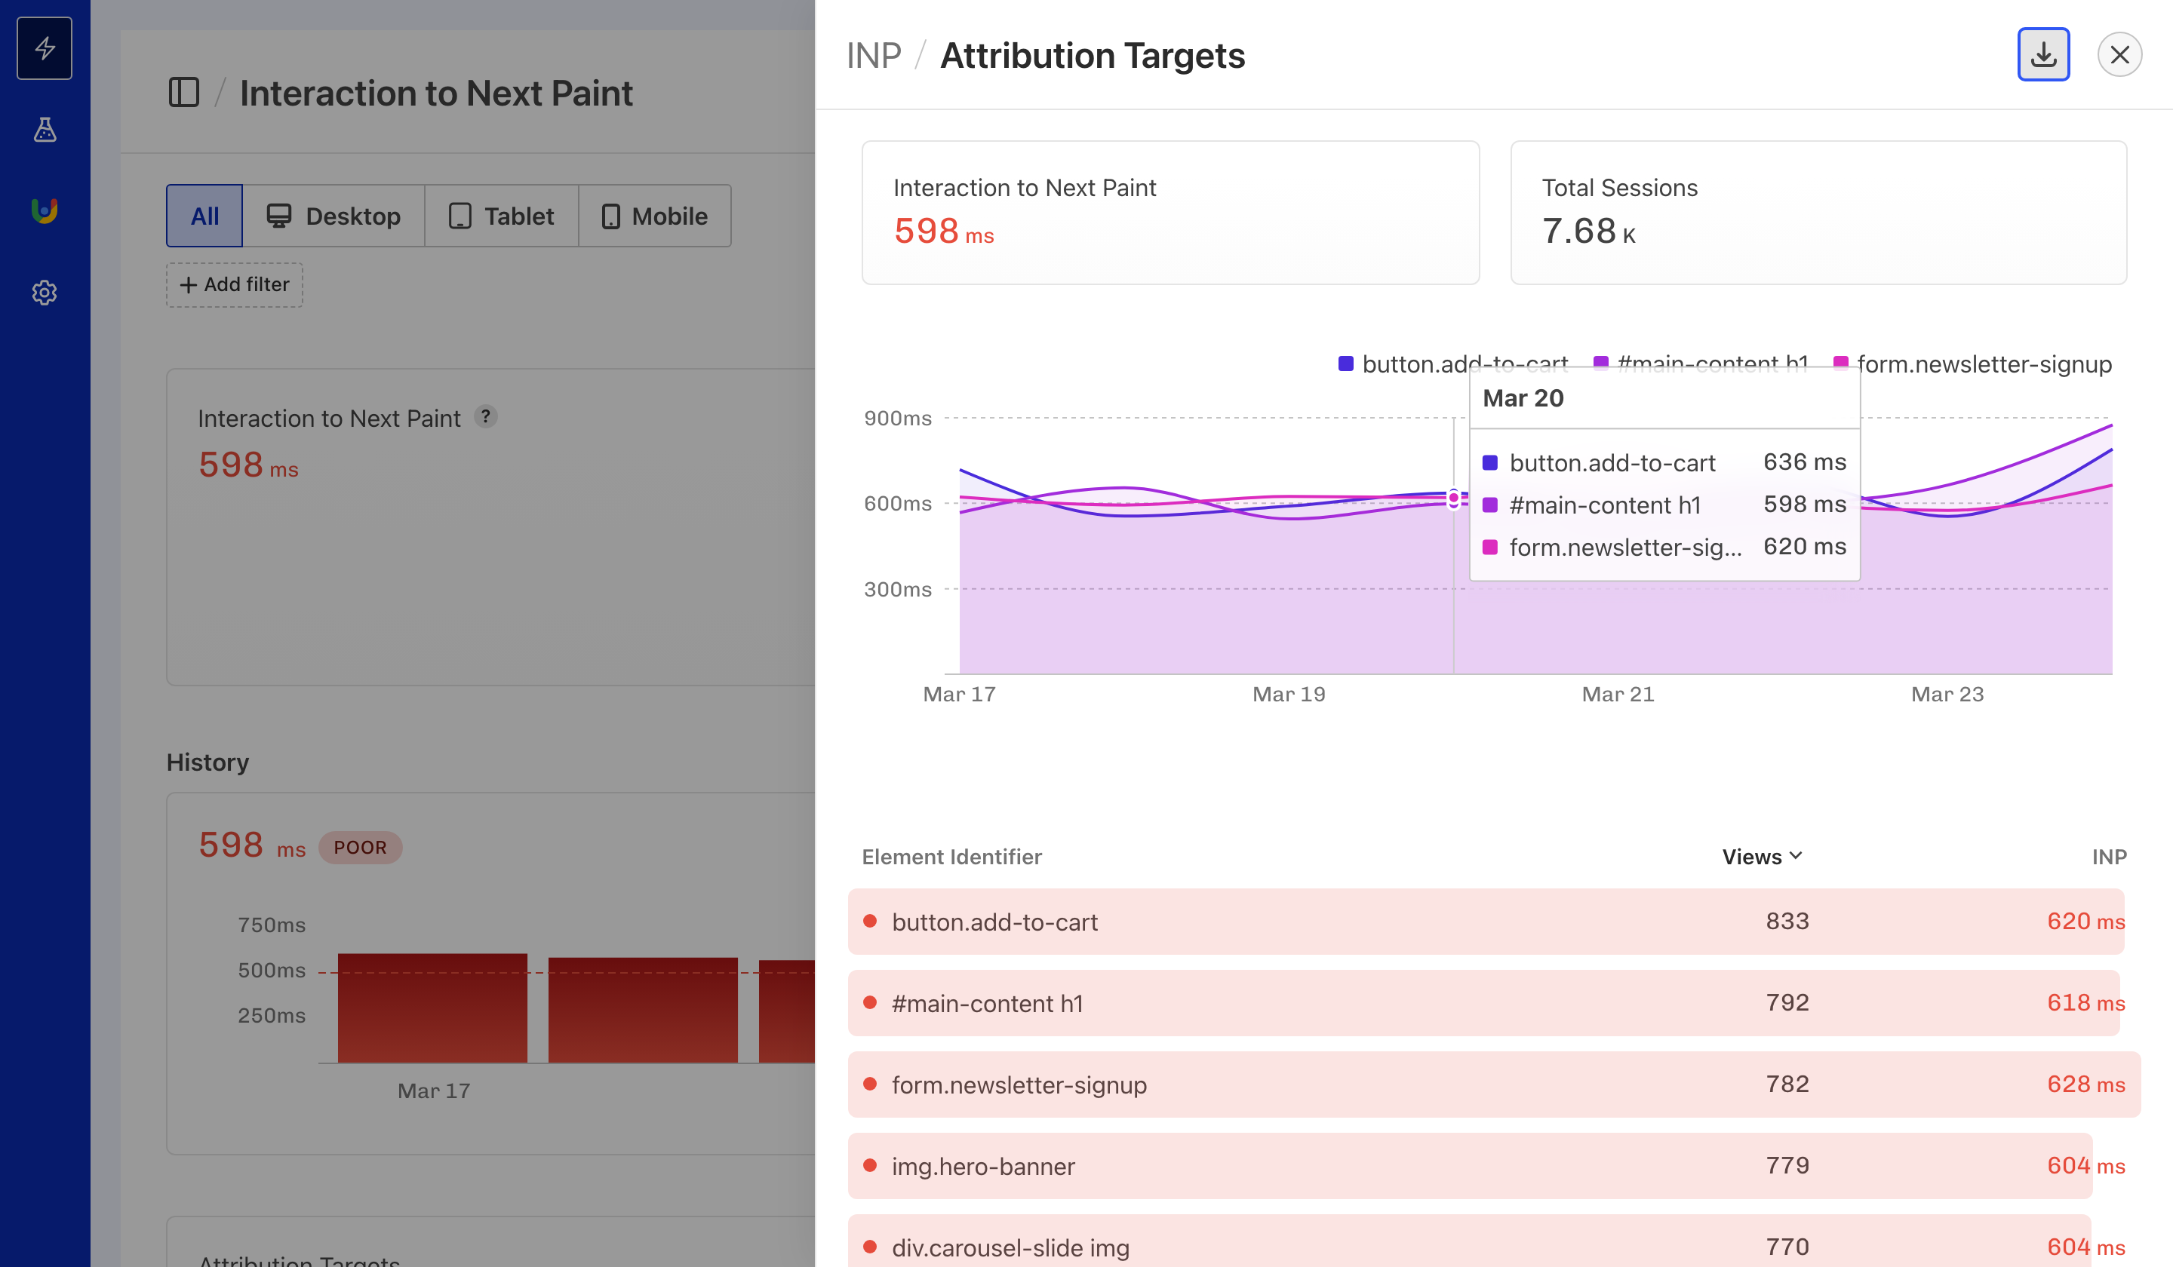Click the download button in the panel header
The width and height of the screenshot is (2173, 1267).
[2042, 55]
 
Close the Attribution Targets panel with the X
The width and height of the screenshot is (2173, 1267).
[2119, 55]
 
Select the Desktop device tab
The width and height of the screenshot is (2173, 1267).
[333, 216]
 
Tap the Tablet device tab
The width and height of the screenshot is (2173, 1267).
[501, 216]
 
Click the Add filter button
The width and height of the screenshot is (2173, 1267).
[235, 284]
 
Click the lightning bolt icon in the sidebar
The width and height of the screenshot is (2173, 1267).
[45, 48]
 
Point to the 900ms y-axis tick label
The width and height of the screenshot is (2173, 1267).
[897, 419]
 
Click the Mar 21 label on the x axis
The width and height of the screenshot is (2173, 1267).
[1618, 695]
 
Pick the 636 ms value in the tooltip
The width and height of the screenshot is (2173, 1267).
[1804, 462]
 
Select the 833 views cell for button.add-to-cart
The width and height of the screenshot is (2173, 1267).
[1787, 922]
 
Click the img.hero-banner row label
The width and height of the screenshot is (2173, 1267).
[983, 1166]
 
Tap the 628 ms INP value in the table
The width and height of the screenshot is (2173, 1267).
[2084, 1084]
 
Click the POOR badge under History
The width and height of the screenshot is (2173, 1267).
[360, 847]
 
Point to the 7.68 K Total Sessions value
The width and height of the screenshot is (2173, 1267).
[1587, 231]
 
